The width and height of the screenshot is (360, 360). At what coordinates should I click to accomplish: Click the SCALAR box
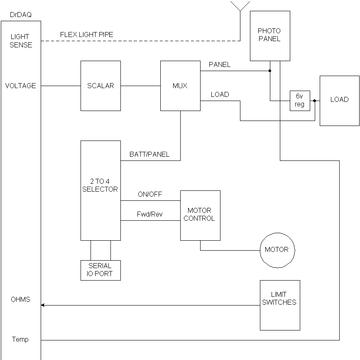pyautogui.click(x=100, y=86)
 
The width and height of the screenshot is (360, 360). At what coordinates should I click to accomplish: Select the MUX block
pyautogui.click(x=180, y=86)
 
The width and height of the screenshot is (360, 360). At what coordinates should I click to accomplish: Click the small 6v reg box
pyautogui.click(x=300, y=101)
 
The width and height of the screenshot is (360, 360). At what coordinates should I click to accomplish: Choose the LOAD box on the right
pyautogui.click(x=339, y=100)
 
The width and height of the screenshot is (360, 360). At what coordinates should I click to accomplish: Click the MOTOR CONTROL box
pyautogui.click(x=200, y=215)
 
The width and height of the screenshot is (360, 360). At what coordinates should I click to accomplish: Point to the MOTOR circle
pyautogui.click(x=277, y=250)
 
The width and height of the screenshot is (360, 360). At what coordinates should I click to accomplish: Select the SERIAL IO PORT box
pyautogui.click(x=100, y=270)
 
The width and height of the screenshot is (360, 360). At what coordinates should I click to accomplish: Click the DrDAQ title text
pyautogui.click(x=20, y=15)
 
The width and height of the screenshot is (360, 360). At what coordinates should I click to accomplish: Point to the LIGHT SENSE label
pyautogui.click(x=20, y=41)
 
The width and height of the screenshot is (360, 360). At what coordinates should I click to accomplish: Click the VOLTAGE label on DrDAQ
pyautogui.click(x=20, y=86)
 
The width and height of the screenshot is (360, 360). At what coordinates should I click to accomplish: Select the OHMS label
pyautogui.click(x=20, y=299)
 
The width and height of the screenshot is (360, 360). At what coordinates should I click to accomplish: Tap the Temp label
pyautogui.click(x=20, y=339)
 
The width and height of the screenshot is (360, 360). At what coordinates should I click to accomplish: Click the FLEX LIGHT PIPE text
pyautogui.click(x=86, y=34)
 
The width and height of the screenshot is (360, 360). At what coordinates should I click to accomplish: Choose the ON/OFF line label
pyautogui.click(x=150, y=194)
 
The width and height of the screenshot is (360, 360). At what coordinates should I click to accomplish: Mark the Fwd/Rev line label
pyautogui.click(x=150, y=215)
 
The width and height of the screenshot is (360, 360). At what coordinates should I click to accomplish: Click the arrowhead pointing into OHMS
pyautogui.click(x=43, y=305)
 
